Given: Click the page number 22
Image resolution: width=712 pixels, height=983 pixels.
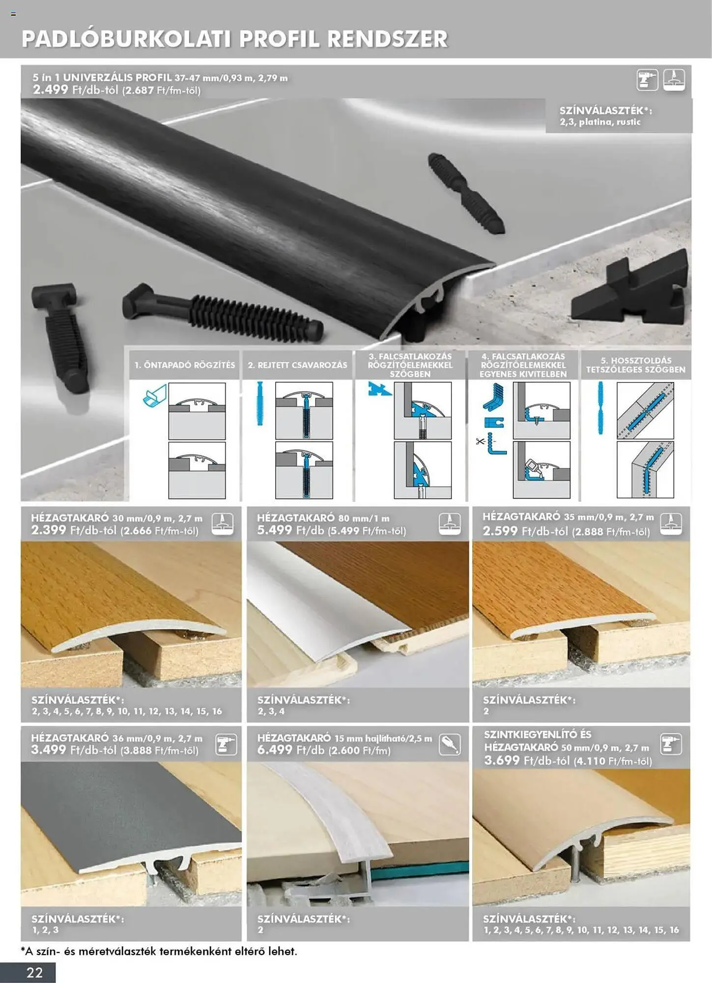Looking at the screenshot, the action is (35, 972).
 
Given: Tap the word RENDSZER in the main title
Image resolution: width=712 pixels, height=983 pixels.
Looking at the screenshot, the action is (388, 39).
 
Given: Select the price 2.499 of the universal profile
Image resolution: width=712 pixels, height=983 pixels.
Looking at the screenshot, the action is (50, 89).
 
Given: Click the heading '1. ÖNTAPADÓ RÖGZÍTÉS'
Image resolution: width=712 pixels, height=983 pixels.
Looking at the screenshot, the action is (185, 365).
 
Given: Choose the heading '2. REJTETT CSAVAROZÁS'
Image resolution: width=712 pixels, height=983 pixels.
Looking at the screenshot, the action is (297, 365).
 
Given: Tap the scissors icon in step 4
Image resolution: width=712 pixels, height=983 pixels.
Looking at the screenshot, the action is (480, 441).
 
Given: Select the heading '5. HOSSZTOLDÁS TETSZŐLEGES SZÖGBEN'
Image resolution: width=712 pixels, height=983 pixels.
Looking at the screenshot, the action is (636, 365).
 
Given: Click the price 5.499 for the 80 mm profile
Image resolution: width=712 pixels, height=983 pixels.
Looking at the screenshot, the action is (275, 530).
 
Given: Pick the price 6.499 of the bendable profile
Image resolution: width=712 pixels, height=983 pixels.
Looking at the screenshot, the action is (275, 750).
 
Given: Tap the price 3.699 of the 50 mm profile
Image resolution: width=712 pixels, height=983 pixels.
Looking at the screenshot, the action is (502, 760).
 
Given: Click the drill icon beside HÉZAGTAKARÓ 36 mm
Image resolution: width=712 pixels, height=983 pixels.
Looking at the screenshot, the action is (226, 745).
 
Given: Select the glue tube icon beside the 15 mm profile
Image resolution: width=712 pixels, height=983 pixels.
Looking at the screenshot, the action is (450, 744).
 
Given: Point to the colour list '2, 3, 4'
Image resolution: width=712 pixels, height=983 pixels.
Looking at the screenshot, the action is (271, 711).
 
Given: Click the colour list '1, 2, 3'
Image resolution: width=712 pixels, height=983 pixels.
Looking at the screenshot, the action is (45, 930).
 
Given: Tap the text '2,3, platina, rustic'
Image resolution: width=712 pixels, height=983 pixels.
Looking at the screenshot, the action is (600, 122).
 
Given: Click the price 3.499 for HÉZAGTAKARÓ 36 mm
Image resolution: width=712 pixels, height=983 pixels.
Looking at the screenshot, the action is (49, 750).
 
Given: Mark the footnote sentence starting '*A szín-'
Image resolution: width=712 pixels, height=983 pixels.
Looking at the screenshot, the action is (159, 951).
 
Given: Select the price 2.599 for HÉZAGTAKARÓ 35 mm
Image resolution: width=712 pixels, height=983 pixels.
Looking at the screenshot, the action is (500, 531).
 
